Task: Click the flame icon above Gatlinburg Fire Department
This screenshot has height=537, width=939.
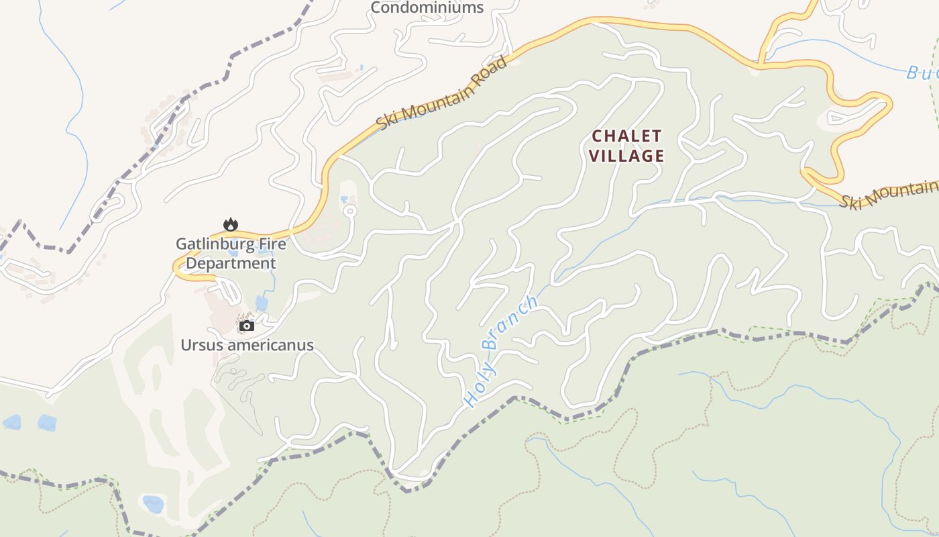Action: [x=231, y=224]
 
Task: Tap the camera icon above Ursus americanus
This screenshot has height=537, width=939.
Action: [x=247, y=326]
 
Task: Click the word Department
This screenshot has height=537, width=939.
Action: [x=231, y=263]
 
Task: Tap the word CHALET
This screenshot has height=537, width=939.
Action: [x=627, y=136]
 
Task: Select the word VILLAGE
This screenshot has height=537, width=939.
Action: [x=627, y=156]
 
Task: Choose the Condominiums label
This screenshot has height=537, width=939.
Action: [x=427, y=8]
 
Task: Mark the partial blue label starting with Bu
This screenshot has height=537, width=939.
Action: [x=922, y=72]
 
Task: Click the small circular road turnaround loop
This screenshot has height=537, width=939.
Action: [x=349, y=211]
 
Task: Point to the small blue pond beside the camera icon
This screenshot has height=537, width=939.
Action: [x=262, y=303]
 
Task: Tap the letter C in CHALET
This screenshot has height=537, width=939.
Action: [x=597, y=136]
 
